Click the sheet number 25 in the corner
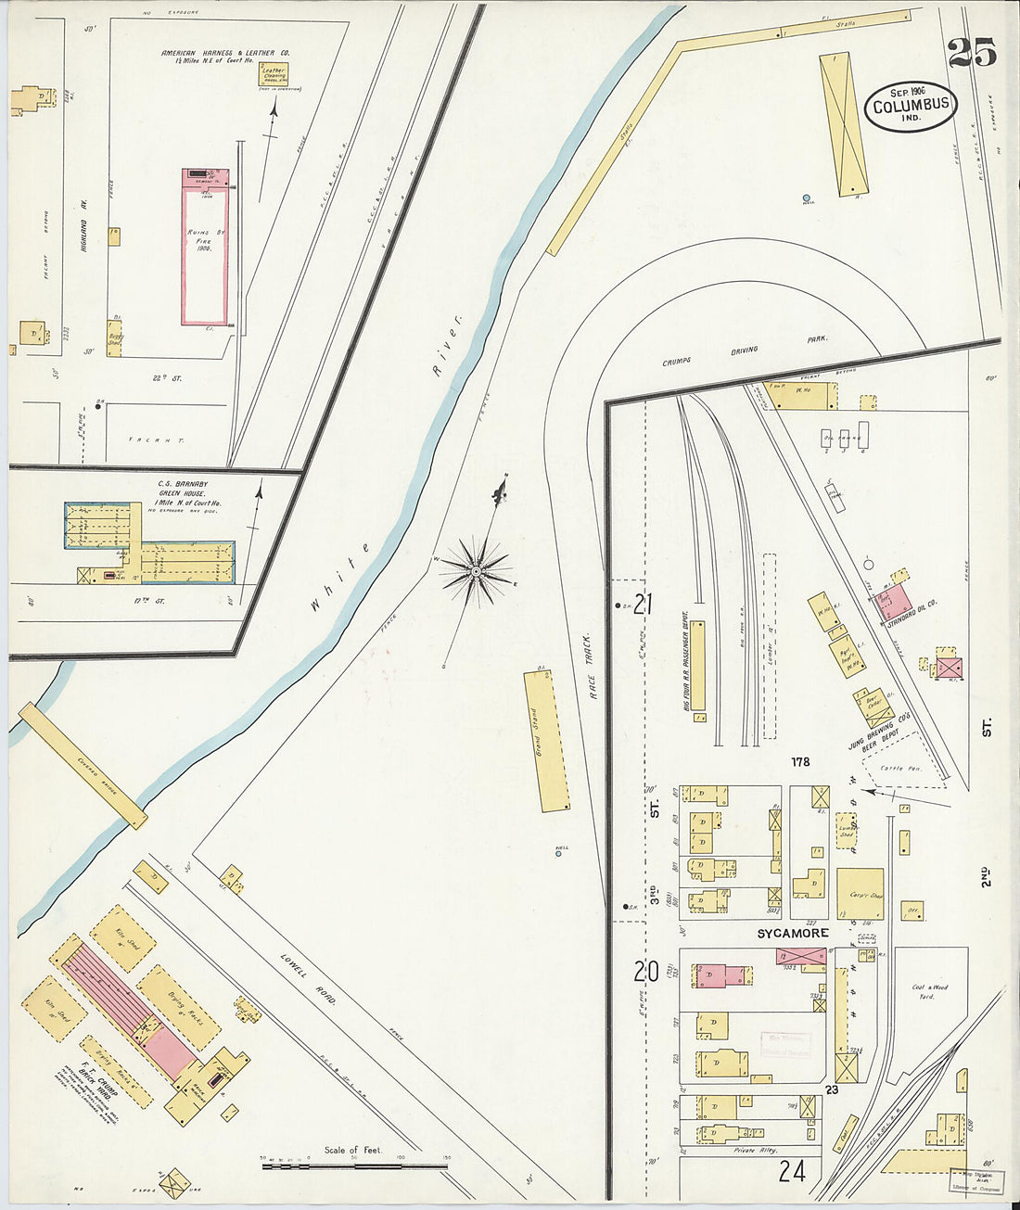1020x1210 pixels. [x=971, y=53]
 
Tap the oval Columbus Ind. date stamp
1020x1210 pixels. [x=911, y=105]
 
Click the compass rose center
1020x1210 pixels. [x=476, y=572]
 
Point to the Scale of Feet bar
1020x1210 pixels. [x=354, y=1165]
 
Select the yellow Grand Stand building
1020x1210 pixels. [x=547, y=741]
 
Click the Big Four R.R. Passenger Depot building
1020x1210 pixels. [x=698, y=666]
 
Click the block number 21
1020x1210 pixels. [x=643, y=605]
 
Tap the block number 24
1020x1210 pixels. [x=791, y=1171]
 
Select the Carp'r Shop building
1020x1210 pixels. [x=860, y=894]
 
